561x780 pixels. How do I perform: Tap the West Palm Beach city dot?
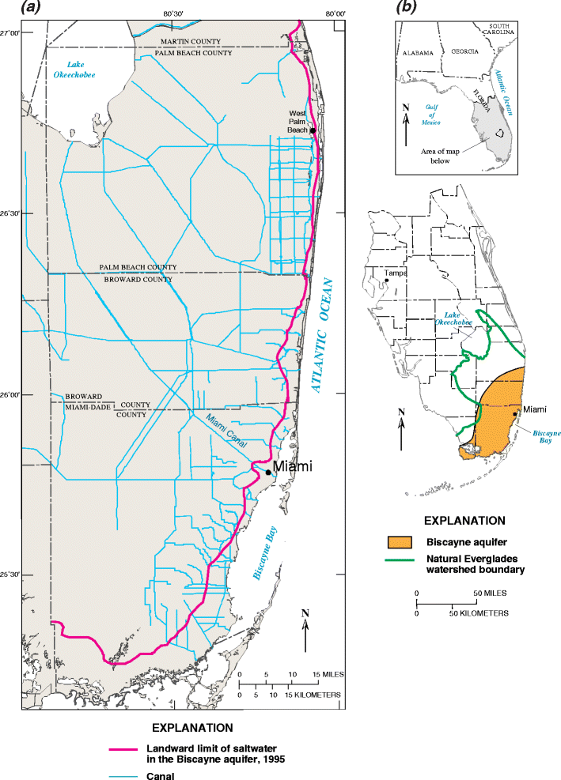tap(313, 130)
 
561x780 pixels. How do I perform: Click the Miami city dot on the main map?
tap(268, 473)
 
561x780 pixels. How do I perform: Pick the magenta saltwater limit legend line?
tap(126, 749)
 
